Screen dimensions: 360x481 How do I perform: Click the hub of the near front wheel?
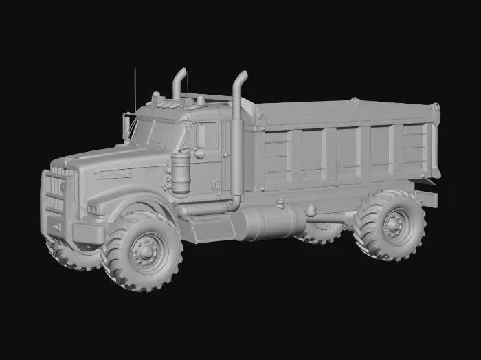(145, 250)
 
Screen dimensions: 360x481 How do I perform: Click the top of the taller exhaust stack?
(241, 76)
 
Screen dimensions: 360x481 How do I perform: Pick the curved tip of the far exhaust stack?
(181, 72)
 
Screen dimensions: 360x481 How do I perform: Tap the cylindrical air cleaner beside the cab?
(181, 173)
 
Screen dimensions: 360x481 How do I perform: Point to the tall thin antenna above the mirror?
(135, 89)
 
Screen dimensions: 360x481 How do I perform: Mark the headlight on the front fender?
(93, 207)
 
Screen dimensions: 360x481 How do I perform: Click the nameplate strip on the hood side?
(113, 175)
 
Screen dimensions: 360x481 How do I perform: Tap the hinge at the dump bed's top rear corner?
(434, 108)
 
